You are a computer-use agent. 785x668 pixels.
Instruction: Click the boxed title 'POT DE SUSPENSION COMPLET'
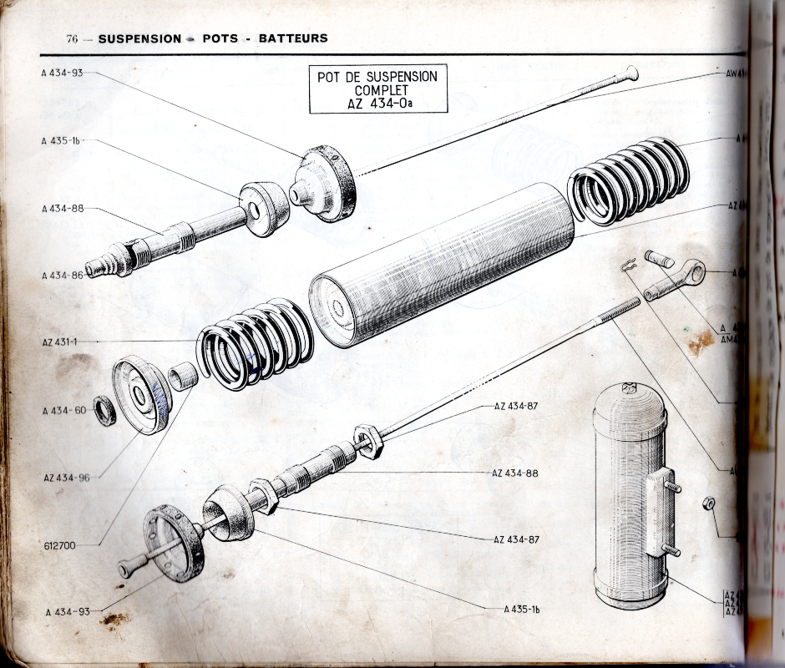(377, 89)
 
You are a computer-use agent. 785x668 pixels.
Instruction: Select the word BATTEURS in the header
(292, 38)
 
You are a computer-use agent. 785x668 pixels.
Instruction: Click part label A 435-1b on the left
(61, 141)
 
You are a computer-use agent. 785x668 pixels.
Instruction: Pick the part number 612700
(59, 545)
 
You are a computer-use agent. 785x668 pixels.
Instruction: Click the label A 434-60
(62, 410)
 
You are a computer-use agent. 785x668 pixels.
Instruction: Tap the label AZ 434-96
(66, 478)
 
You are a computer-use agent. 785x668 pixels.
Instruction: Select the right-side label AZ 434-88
(515, 473)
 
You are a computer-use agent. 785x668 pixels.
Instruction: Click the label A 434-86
(62, 275)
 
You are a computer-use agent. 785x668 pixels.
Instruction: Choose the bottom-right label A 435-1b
(522, 610)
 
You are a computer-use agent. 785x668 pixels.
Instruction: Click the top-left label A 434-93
(62, 73)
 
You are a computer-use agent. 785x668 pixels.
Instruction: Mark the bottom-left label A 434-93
(68, 612)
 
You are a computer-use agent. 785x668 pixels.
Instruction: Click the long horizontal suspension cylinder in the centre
(443, 263)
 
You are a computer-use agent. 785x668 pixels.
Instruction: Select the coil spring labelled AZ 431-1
(254, 342)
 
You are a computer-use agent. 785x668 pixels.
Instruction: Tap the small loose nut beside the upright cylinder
(708, 503)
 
